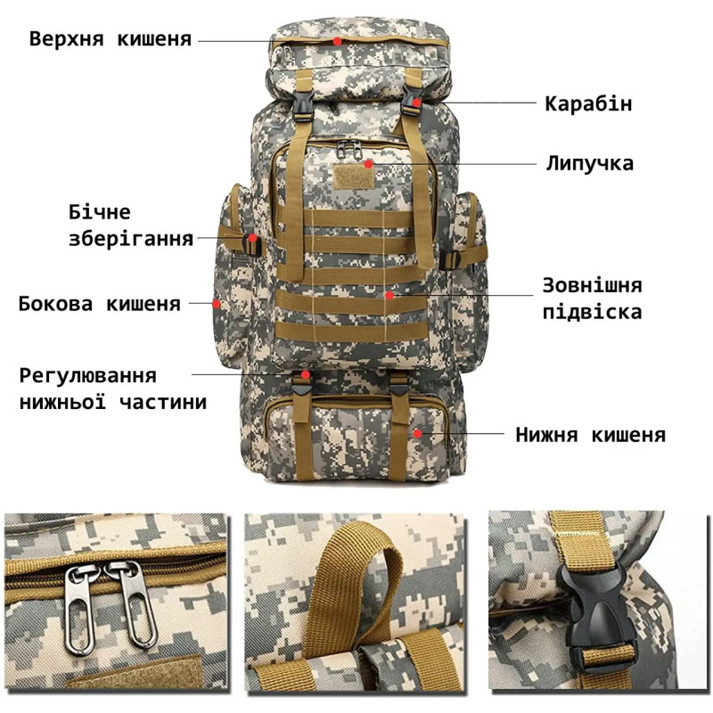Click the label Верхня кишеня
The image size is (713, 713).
point(110,39)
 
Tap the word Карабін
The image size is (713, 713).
point(588,103)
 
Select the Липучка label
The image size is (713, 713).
point(590,163)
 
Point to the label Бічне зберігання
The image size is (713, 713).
point(131,225)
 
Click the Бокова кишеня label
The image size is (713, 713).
point(100,304)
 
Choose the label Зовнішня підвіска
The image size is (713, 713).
point(592,299)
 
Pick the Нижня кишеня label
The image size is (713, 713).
point(590,435)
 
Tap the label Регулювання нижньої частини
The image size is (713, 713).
point(113,389)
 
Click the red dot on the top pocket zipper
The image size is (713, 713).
point(337,41)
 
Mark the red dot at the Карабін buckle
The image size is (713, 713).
point(416,102)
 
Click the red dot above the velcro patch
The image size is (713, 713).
point(368,164)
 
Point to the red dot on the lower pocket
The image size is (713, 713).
point(417,433)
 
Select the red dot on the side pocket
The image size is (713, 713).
point(216,303)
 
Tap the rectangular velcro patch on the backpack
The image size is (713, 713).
point(354,176)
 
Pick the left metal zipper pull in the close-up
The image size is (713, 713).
point(81,610)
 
